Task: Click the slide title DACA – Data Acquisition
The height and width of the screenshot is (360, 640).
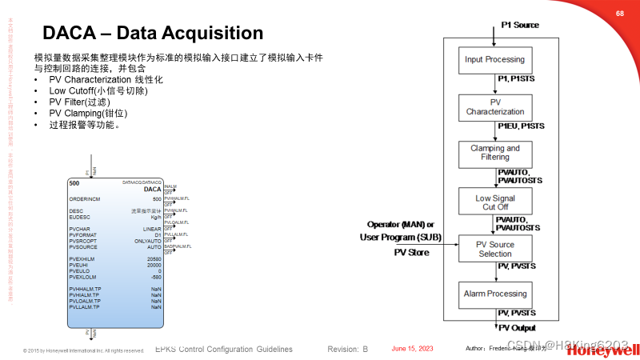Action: pyautogui.click(x=152, y=33)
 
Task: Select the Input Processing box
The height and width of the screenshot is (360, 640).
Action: pyautogui.click(x=495, y=60)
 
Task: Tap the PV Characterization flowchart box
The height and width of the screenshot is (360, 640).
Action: pyautogui.click(x=495, y=107)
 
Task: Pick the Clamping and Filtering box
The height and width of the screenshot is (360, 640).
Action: pyautogui.click(x=495, y=153)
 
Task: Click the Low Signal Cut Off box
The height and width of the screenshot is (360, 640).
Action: pyautogui.click(x=495, y=202)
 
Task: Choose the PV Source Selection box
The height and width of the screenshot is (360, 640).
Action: pyautogui.click(x=495, y=249)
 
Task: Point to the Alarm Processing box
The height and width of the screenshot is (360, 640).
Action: pyautogui.click(x=495, y=294)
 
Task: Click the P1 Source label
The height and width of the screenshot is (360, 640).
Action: pyautogui.click(x=520, y=25)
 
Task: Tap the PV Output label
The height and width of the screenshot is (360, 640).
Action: pyautogui.click(x=517, y=328)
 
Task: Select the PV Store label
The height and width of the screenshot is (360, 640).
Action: pyautogui.click(x=411, y=253)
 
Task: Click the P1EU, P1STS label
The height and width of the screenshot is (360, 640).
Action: pyautogui.click(x=520, y=126)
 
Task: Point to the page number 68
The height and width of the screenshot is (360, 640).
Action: pyautogui.click(x=619, y=14)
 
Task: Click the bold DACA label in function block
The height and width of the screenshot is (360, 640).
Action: pyautogui.click(x=152, y=190)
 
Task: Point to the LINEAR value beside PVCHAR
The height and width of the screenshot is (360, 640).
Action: pyautogui.click(x=152, y=229)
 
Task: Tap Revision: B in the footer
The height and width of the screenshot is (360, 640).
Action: pyautogui.click(x=347, y=350)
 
